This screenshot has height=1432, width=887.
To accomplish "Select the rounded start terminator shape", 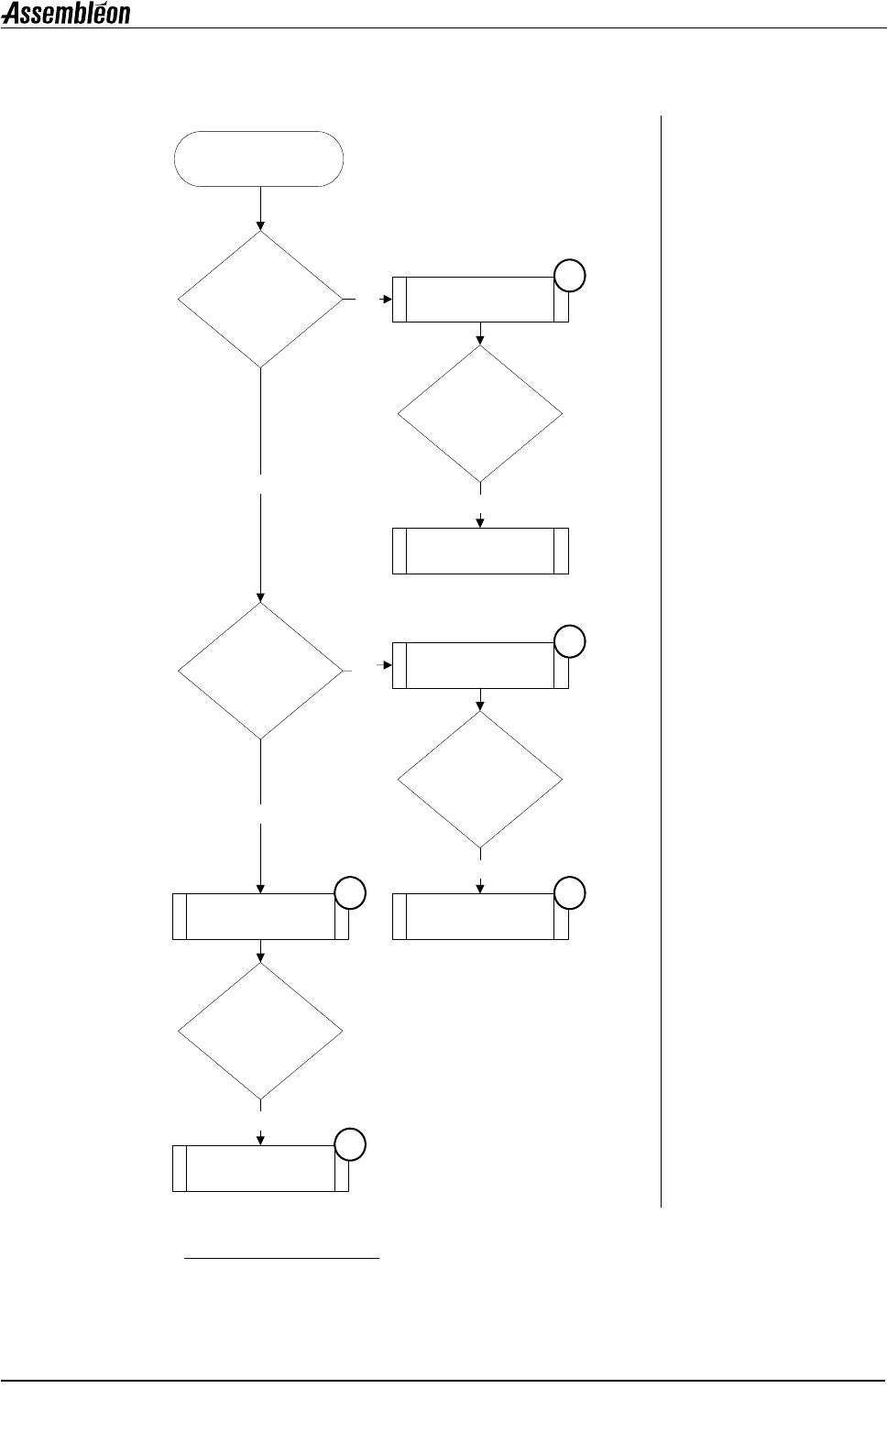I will tap(259, 159).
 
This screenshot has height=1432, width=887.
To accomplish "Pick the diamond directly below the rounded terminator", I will tap(260, 299).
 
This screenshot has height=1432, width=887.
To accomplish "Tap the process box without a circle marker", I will tap(480, 551).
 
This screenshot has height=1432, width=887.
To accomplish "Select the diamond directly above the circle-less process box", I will tap(480, 413).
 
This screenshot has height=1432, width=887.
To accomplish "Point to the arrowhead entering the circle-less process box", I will tap(480, 522).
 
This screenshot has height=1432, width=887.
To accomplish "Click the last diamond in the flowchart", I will tap(260, 1031).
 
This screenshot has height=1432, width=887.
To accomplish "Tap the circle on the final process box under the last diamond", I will tap(349, 1144).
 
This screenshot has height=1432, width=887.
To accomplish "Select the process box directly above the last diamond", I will tap(260, 916).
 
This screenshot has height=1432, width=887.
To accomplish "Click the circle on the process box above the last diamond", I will tap(349, 892).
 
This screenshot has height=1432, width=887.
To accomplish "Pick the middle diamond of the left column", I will tap(260, 671).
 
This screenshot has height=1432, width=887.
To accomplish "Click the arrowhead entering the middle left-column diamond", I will tap(260, 596).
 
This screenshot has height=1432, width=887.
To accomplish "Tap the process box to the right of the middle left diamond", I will tap(480, 665).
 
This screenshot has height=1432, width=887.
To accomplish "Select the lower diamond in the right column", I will tap(480, 780).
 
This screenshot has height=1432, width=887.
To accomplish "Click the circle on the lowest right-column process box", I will tap(569, 892).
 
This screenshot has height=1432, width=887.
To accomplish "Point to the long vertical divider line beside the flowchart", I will tap(660, 660).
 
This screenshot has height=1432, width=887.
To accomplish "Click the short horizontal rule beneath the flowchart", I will tap(281, 1259).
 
